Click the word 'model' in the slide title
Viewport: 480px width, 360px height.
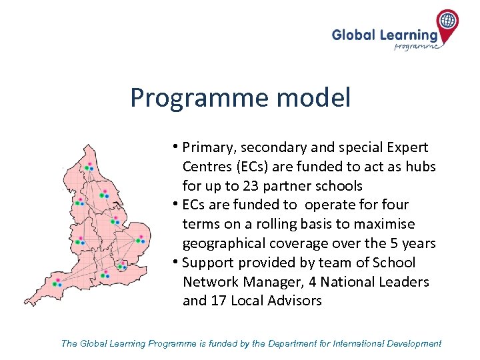315,98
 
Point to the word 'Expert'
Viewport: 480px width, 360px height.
406,147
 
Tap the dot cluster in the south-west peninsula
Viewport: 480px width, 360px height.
57,283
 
